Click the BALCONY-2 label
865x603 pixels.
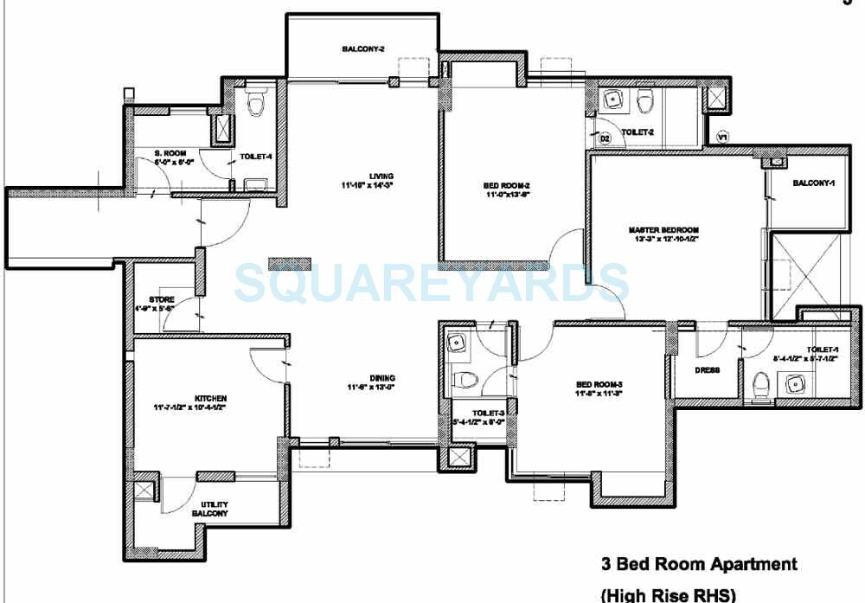coord(362,49)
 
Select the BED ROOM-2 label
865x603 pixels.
coord(506,185)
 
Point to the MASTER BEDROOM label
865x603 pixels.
coord(663,230)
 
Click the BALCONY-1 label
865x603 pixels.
coord(814,183)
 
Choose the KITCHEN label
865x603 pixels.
coord(186,399)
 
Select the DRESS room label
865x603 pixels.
coord(707,370)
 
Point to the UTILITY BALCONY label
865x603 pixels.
coord(215,509)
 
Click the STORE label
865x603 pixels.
coord(161,299)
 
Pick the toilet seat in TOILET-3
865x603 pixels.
coord(467,380)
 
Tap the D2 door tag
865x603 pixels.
coord(605,138)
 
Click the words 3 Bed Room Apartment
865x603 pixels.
coord(699,565)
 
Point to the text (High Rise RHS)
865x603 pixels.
coord(668,594)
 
